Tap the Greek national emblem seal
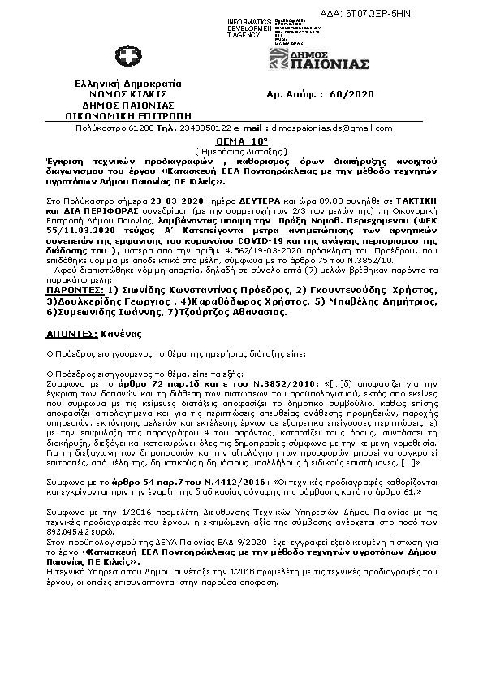coord(127,58)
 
